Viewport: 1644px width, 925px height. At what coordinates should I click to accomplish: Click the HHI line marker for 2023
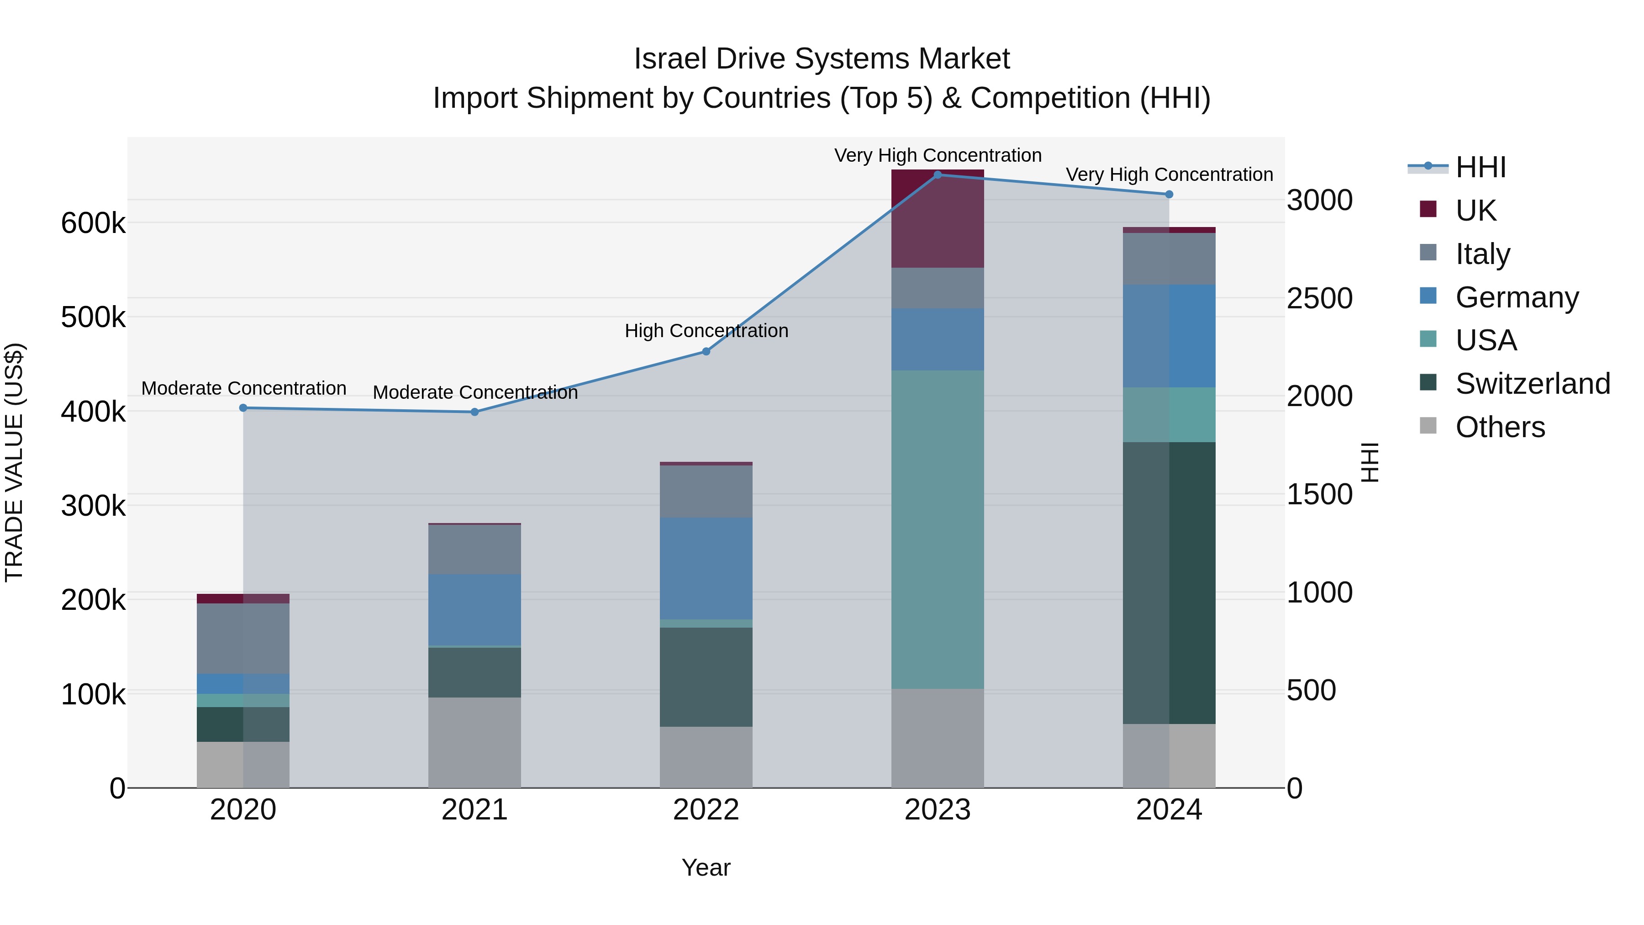point(938,175)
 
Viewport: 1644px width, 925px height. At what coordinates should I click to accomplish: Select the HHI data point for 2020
point(243,408)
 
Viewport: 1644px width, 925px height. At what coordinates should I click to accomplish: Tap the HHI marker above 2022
point(706,352)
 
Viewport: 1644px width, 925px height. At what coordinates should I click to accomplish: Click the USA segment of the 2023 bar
point(938,530)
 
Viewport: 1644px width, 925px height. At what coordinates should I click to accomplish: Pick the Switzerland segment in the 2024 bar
point(1169,583)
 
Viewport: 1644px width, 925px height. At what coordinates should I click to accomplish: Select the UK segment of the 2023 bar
point(938,218)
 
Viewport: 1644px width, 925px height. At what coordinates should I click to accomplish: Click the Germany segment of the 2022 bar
point(706,568)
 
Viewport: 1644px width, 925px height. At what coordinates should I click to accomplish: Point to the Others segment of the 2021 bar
point(474,742)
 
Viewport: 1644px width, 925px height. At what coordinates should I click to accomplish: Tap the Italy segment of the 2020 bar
point(243,639)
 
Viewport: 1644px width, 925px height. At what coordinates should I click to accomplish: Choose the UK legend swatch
point(1428,209)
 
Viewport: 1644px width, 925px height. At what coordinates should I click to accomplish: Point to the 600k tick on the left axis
point(93,223)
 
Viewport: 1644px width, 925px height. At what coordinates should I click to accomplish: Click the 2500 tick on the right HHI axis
point(1319,298)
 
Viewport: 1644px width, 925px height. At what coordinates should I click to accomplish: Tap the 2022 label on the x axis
point(706,810)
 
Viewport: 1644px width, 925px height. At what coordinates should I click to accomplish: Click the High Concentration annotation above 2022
point(706,331)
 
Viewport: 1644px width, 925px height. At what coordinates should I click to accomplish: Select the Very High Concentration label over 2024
point(1169,174)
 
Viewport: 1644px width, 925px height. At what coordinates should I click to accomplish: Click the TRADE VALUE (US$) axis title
point(14,462)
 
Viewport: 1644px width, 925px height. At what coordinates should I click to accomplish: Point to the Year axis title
point(706,867)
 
